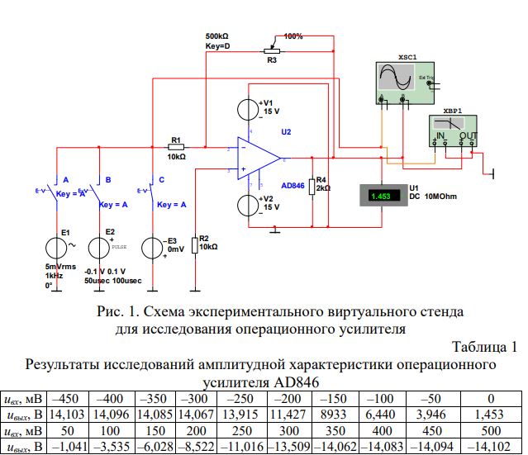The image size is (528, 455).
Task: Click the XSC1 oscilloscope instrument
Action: point(402,81)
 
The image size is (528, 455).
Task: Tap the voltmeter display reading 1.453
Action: point(382,196)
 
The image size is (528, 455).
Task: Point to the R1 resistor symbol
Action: point(176,147)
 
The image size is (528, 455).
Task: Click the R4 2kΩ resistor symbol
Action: point(312,187)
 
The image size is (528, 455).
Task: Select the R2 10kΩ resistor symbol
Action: point(194,245)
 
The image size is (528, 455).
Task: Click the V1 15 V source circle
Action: point(247,110)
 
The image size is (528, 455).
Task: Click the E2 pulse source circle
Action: point(98,247)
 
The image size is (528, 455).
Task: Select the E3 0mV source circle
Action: point(152,247)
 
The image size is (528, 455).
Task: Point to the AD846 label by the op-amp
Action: point(293,186)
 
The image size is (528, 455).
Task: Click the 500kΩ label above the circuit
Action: point(218,37)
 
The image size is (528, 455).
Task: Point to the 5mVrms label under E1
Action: point(60,268)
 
